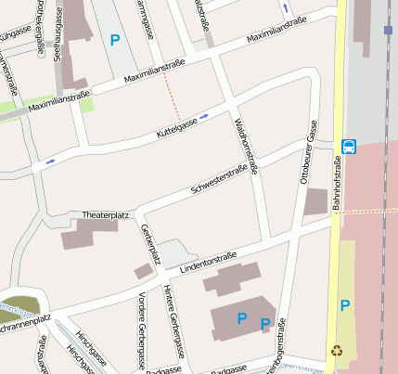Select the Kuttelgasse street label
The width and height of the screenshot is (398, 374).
(x=176, y=123)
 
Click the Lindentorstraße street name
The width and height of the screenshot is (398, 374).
(x=209, y=261)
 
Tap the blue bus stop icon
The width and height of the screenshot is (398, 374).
(x=349, y=146)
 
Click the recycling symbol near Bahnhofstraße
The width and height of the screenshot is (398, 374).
(x=336, y=351)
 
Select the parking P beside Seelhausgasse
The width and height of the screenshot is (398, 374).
(x=115, y=40)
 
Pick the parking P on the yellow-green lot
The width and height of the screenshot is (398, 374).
(x=345, y=305)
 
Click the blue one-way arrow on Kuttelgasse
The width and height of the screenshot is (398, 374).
(x=204, y=116)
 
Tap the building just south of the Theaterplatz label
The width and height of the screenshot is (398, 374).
(x=89, y=233)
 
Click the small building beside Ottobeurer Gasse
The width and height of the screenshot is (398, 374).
(x=315, y=201)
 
